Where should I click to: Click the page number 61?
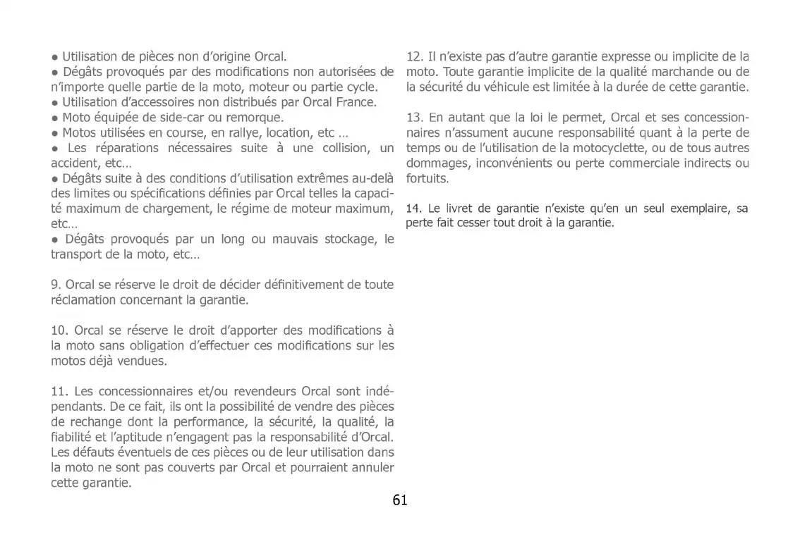[x=400, y=500]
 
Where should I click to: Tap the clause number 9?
[x=56, y=285]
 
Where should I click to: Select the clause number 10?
[x=59, y=331]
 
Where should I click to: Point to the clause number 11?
[x=59, y=391]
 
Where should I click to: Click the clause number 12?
[x=415, y=57]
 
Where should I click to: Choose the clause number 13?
[x=415, y=117]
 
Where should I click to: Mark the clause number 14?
[x=413, y=209]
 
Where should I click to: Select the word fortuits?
[x=428, y=178]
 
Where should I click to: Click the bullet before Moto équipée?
[x=54, y=118]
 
